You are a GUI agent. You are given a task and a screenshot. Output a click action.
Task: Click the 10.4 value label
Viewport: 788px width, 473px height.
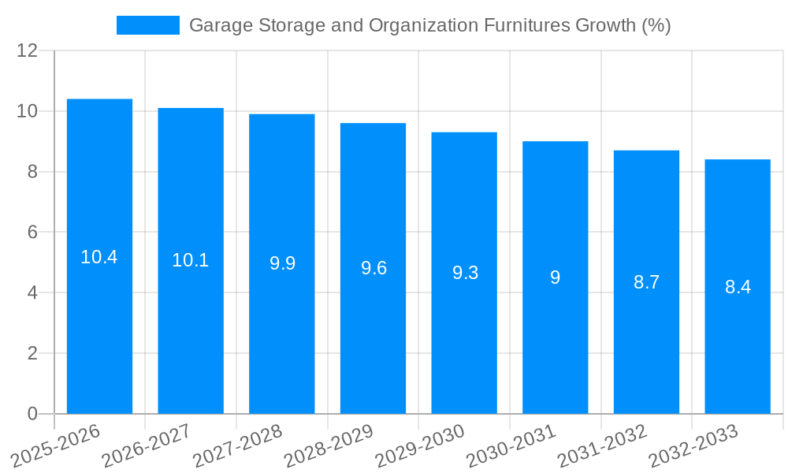(99, 257)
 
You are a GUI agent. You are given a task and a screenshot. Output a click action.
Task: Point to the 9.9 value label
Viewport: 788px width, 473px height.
(282, 263)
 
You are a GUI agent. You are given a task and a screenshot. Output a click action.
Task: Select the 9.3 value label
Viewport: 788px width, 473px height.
(465, 273)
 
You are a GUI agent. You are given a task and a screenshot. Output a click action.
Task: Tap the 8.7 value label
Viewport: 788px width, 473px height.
(646, 282)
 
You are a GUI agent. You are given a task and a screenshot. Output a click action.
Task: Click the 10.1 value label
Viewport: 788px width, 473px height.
(191, 260)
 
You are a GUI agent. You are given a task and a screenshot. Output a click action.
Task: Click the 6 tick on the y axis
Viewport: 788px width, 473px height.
(32, 233)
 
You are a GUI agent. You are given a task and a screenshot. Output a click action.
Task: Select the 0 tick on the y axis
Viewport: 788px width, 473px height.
(32, 414)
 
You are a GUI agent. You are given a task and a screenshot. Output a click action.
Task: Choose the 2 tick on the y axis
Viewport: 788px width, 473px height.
(32, 353)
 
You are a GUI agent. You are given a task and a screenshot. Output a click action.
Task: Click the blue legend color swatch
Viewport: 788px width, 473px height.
(148, 25)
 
